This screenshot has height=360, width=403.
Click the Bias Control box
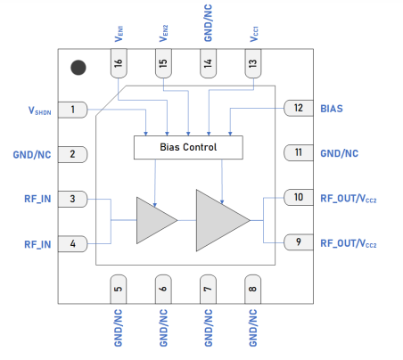click(x=187, y=146)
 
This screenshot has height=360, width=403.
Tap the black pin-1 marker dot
click(x=79, y=68)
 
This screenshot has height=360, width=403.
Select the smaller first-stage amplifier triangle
click(x=155, y=219)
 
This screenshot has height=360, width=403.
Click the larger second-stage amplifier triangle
click(x=220, y=219)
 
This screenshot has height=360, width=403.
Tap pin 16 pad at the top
click(x=119, y=65)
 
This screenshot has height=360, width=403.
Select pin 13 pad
click(x=252, y=65)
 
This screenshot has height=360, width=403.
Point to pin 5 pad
click(x=118, y=287)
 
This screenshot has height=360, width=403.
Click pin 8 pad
click(x=252, y=287)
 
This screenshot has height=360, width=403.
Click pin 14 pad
click(x=208, y=65)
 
